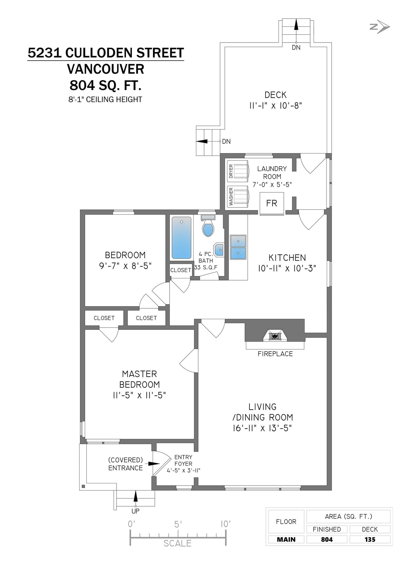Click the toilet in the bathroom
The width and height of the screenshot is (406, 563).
(208, 229)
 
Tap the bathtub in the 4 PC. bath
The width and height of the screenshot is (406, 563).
(181, 237)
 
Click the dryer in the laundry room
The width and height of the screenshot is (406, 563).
(238, 171)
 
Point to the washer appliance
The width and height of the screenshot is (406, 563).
(238, 197)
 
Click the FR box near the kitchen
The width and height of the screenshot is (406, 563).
(272, 203)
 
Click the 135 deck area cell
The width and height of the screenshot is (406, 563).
(370, 539)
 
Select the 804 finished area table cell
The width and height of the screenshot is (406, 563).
(327, 539)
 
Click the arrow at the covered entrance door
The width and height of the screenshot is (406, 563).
(154, 463)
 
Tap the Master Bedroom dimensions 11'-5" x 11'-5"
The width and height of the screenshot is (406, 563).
(139, 395)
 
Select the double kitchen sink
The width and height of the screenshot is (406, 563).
(238, 247)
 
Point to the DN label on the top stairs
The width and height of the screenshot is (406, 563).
(296, 47)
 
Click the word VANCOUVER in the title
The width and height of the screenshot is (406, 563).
(106, 69)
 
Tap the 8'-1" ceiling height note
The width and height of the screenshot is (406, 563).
(105, 99)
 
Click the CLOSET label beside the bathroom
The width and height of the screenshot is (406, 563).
(180, 270)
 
